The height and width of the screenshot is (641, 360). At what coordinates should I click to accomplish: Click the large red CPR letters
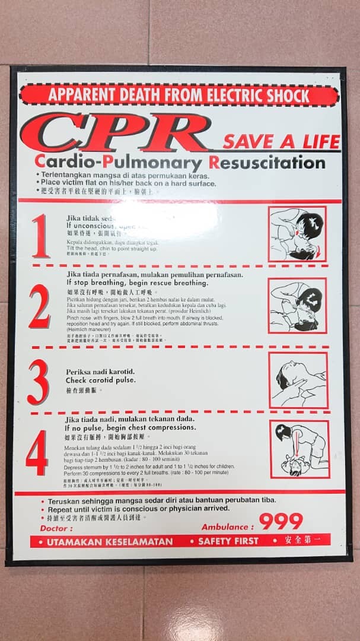(116, 132)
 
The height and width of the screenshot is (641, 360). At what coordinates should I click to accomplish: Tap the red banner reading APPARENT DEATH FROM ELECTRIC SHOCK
(179, 95)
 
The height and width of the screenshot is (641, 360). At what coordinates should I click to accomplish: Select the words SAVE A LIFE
(281, 142)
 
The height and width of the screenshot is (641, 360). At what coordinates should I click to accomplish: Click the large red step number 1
(40, 236)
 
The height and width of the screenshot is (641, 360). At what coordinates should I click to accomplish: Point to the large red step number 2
(39, 306)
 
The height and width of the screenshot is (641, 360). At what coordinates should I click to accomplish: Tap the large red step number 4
(37, 453)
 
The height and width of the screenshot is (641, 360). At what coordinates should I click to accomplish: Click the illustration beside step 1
(297, 234)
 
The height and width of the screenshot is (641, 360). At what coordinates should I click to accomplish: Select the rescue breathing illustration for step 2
(297, 306)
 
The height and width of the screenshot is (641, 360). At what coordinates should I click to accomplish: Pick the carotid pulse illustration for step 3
(298, 380)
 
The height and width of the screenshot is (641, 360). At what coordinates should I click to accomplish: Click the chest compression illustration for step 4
(300, 449)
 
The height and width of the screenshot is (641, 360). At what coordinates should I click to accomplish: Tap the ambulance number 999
(281, 522)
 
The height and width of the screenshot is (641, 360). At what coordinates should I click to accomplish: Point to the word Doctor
(57, 528)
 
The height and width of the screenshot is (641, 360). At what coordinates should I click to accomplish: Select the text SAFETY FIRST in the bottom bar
(228, 541)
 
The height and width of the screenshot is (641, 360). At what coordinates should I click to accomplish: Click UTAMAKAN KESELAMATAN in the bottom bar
(110, 542)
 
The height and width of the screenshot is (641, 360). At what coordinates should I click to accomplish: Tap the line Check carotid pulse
(100, 380)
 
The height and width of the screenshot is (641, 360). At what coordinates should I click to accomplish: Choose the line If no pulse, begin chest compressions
(130, 427)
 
